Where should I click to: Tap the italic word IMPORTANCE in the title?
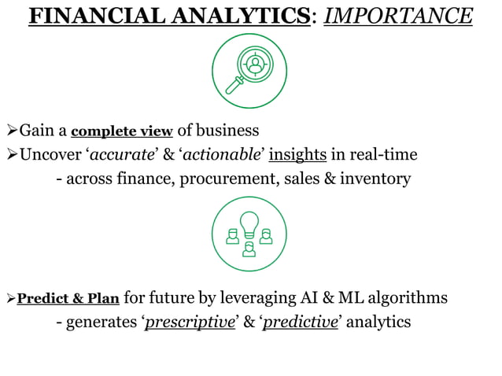(398, 16)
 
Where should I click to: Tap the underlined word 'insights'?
(297, 154)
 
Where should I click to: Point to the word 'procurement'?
(227, 179)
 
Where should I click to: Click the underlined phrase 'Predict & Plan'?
(68, 299)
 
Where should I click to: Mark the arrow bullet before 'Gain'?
(11, 130)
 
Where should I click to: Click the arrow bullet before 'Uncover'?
(11, 154)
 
